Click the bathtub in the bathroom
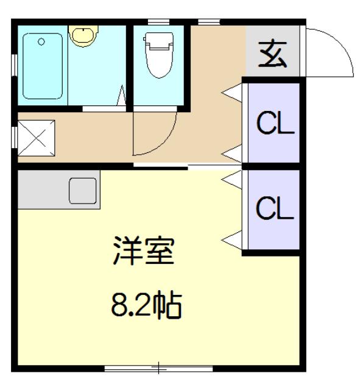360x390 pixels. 43,66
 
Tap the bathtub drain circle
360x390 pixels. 41,41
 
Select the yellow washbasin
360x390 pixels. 83,35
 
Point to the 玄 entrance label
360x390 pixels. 273,54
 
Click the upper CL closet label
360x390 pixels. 275,123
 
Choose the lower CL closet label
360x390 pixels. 275,208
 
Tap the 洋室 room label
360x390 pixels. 144,250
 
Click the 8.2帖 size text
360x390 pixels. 146,306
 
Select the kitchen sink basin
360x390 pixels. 83,191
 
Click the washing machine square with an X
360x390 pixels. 37,138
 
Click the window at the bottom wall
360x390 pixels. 158,368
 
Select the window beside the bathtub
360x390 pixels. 15,65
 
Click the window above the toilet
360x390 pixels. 158,22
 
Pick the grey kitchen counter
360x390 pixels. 59,190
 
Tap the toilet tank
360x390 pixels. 158,41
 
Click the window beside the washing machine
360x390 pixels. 15,137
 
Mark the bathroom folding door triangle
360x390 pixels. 122,96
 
